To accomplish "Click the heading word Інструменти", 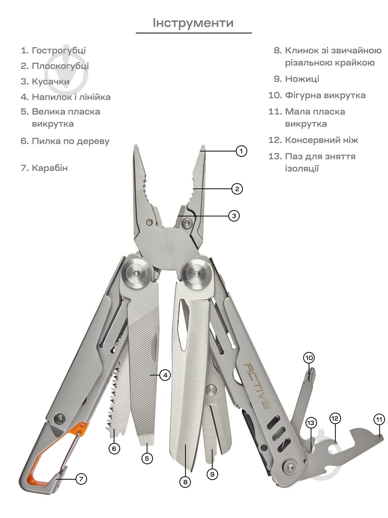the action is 193,23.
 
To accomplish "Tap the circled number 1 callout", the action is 241,151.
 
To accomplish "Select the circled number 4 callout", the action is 165,375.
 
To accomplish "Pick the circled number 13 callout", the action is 311,423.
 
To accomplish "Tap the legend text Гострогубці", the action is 59,51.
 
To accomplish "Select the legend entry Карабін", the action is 50,168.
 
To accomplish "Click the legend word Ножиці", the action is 302,79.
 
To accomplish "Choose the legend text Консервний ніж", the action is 321,140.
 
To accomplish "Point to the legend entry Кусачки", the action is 51,81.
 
